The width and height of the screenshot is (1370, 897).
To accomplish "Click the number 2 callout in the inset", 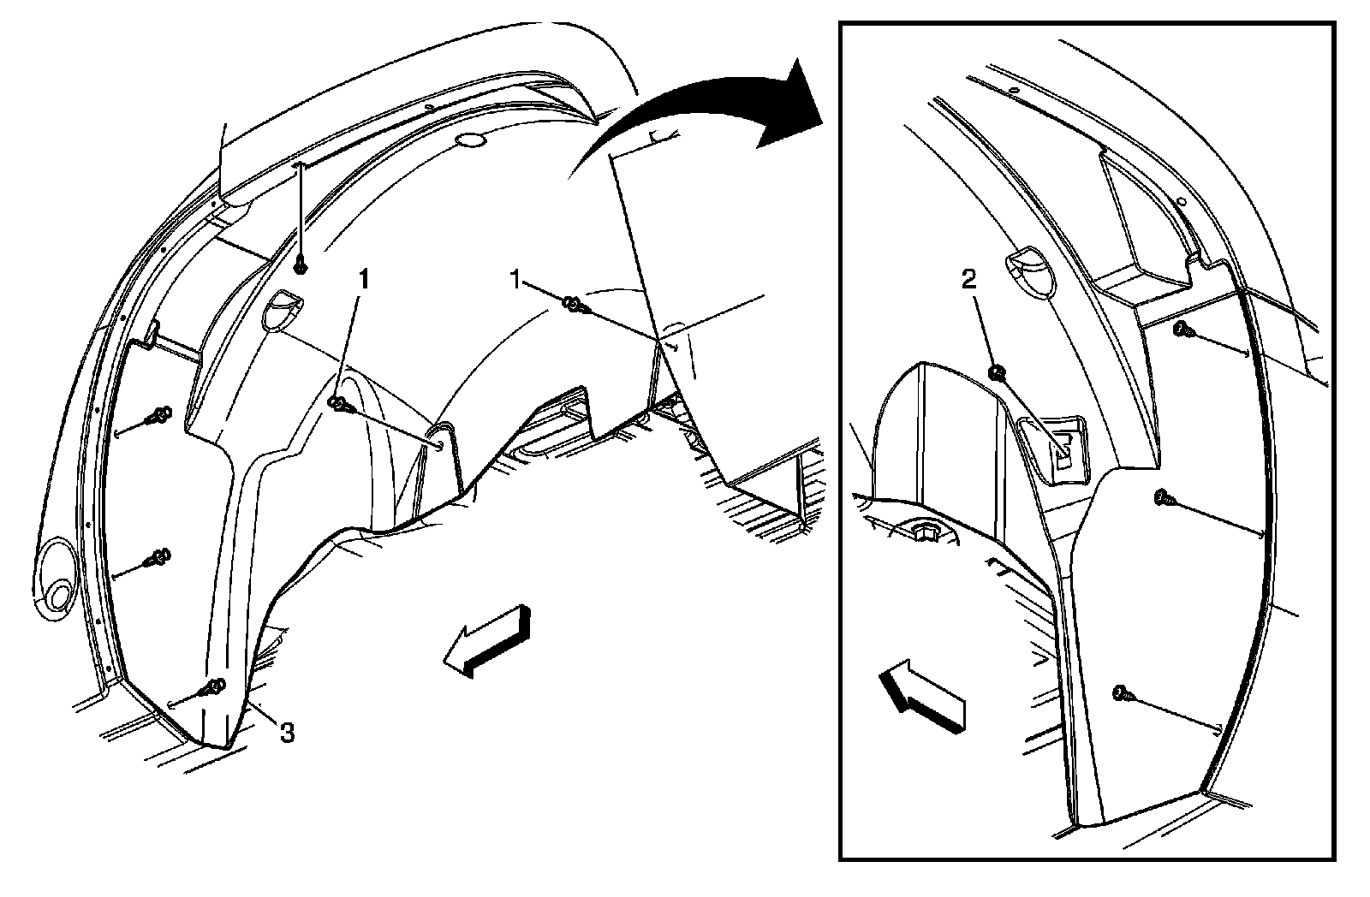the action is pyautogui.click(x=968, y=281).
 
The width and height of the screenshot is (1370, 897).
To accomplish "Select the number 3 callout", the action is pyautogui.click(x=287, y=732).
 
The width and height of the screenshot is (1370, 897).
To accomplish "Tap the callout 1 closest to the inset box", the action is pyautogui.click(x=515, y=281).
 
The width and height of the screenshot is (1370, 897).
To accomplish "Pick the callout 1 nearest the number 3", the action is pyautogui.click(x=365, y=279).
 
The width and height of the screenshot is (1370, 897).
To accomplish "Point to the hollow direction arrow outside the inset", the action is pyautogui.click(x=487, y=641).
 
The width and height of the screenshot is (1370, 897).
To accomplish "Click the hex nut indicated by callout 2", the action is pyautogui.click(x=997, y=372).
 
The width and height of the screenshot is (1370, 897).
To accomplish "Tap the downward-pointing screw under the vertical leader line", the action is pyautogui.click(x=300, y=266).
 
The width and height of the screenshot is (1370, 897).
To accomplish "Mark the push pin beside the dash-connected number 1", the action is pyautogui.click(x=574, y=304).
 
